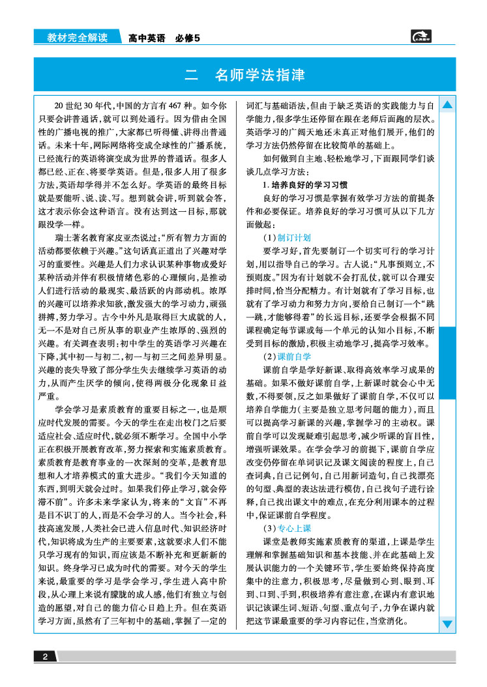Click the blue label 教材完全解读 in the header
(78, 38)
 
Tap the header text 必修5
(187, 38)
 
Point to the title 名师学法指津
(259, 76)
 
